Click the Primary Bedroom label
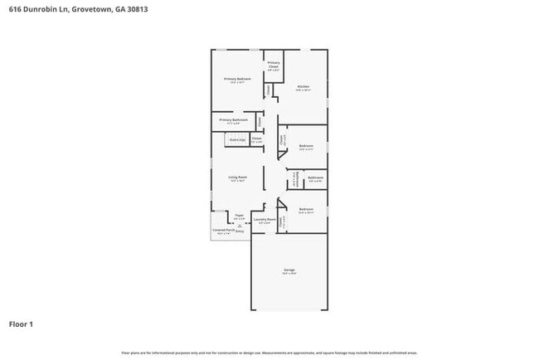237,79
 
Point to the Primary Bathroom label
233,120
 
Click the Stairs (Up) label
236,139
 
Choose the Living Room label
238,177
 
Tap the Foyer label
239,215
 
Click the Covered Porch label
223,230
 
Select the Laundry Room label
266,220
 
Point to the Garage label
289,270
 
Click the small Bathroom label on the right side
315,177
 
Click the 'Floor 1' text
21,324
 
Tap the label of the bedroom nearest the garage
305,209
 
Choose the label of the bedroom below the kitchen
305,146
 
